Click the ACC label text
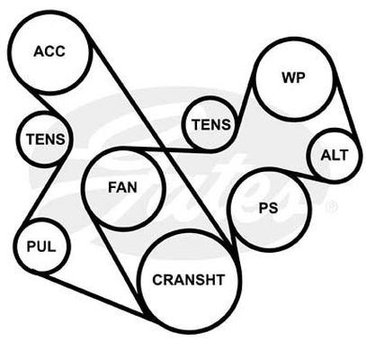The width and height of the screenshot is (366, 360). point(49,51)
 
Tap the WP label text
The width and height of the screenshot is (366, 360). point(293,77)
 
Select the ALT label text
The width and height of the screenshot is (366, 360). point(334,156)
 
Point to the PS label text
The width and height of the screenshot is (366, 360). point(268,208)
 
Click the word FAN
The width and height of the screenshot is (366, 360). point(122,188)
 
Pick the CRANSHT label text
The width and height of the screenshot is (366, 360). point(189,280)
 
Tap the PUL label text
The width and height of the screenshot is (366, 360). point(41,247)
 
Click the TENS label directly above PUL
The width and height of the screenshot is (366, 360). point(45,139)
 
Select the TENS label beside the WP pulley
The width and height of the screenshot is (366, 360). point(211,124)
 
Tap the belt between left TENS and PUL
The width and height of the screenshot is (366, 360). point(44,191)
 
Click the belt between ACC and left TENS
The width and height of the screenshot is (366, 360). point(50,104)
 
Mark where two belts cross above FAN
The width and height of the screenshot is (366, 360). point(165,149)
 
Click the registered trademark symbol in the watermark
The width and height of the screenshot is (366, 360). point(332,207)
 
